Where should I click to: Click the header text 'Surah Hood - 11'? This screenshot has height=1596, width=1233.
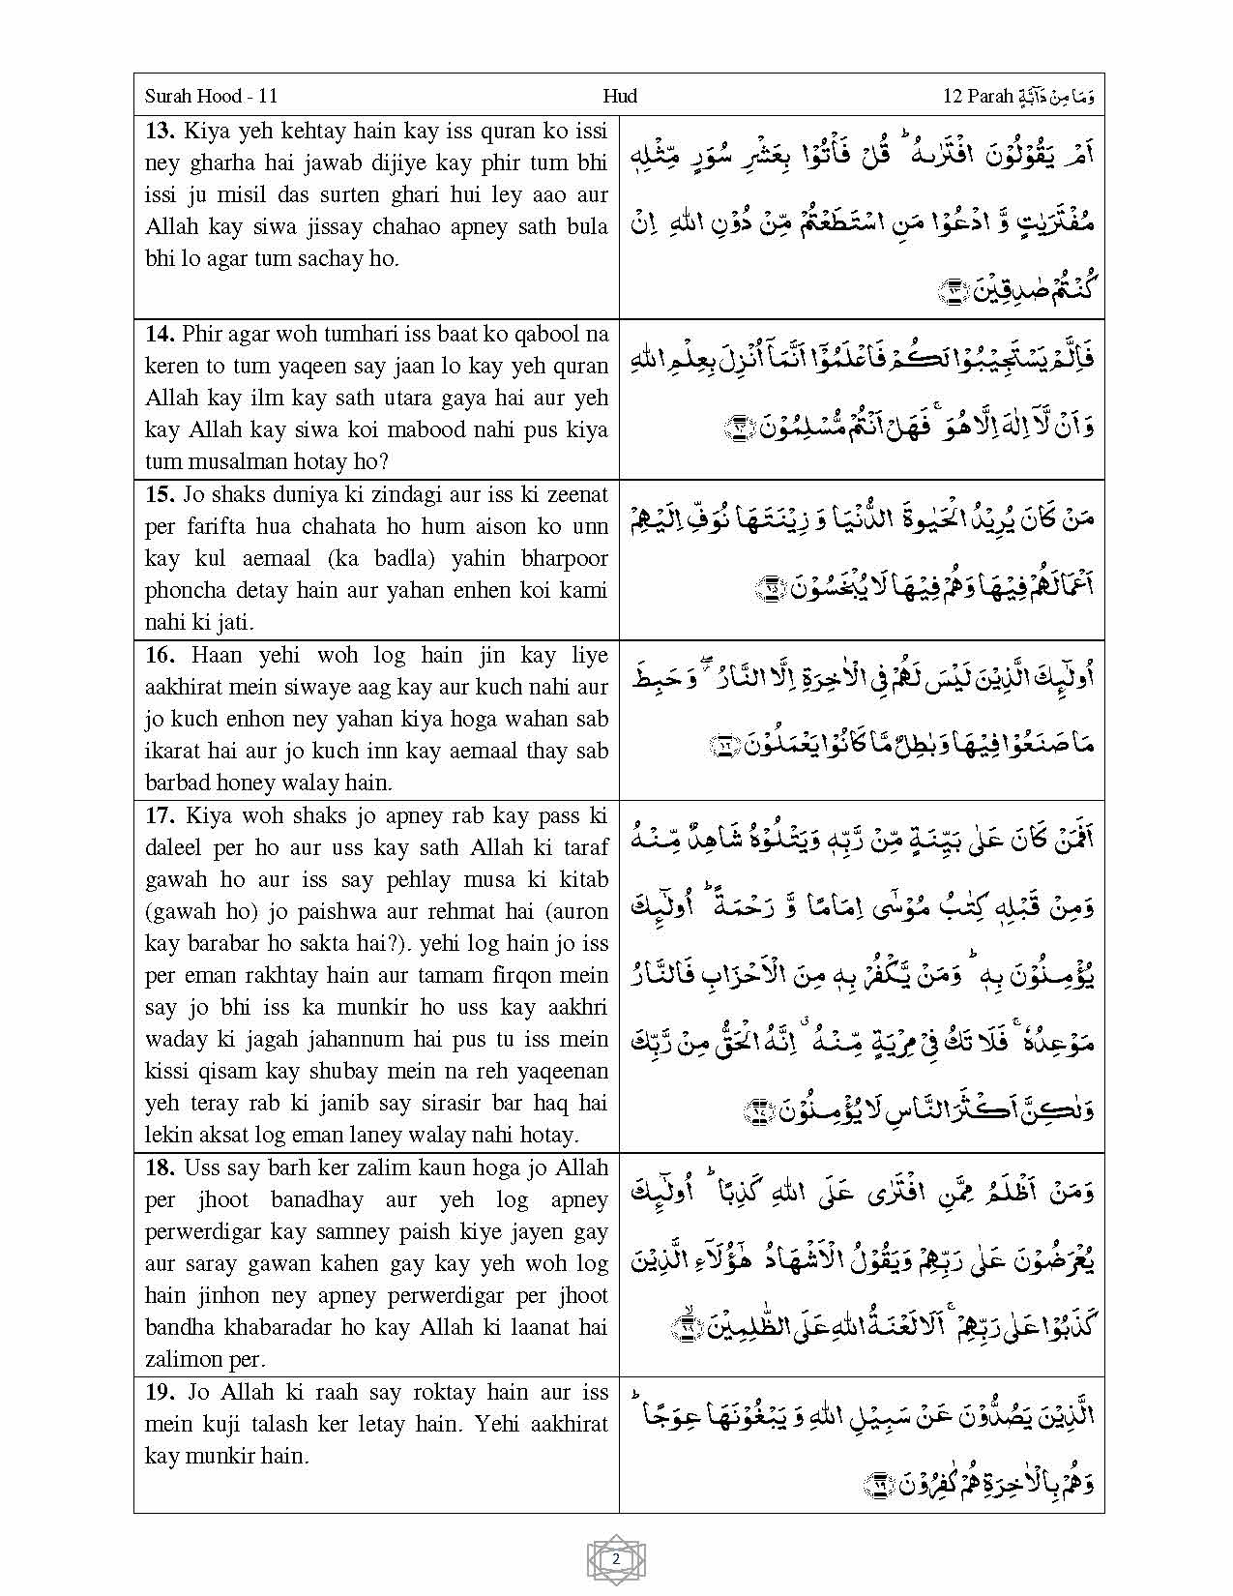tap(211, 96)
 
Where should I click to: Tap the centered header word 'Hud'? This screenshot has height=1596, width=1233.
tap(619, 96)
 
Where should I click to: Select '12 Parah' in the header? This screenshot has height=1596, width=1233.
tap(977, 96)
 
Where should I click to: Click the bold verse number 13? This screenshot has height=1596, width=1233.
tap(160, 131)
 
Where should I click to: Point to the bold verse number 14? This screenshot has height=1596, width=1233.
tap(160, 334)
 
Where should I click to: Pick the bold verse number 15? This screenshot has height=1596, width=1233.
tap(160, 494)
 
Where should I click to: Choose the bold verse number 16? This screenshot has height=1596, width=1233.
tap(160, 655)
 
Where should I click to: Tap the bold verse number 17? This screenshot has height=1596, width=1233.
tap(160, 815)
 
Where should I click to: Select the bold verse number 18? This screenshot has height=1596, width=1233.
tap(160, 1167)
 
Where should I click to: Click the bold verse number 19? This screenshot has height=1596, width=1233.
tap(160, 1392)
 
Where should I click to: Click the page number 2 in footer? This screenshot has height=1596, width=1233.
tap(616, 1558)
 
